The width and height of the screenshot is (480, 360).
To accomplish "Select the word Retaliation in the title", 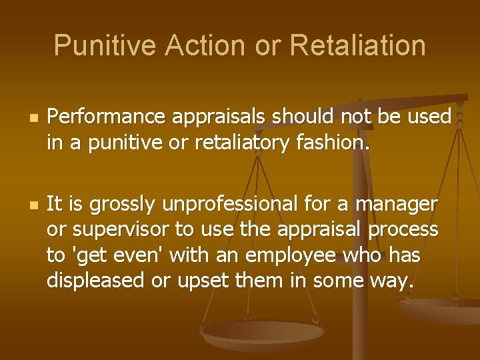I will (359, 45).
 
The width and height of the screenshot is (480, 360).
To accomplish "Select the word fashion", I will (324, 141).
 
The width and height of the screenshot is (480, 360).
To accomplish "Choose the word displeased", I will (95, 281).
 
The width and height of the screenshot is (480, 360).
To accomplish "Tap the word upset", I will (197, 281).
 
